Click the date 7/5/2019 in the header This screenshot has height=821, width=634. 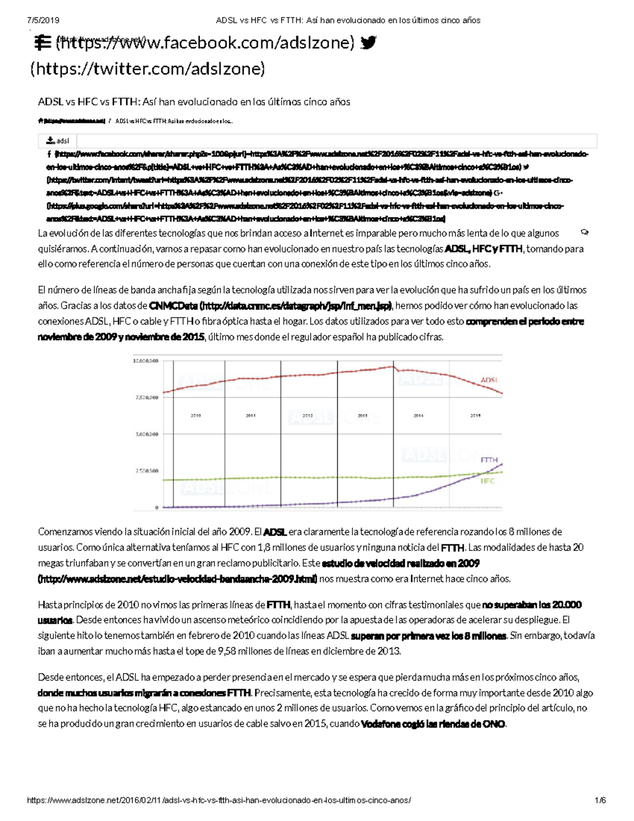click(x=43, y=20)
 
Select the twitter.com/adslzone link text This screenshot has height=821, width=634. click(x=148, y=69)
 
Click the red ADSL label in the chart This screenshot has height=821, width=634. click(x=489, y=380)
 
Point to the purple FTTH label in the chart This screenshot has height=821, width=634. click(x=489, y=460)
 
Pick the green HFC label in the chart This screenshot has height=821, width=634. click(x=488, y=481)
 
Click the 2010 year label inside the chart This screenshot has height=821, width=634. click(x=195, y=416)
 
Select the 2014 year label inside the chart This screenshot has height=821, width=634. click(x=418, y=416)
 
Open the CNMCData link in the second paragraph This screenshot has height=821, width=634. click(x=270, y=306)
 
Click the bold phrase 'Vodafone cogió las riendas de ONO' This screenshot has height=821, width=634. click(x=433, y=724)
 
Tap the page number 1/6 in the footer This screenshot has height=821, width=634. click(x=600, y=800)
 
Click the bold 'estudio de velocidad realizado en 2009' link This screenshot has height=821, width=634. click(x=400, y=563)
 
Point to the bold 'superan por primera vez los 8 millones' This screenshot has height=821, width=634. click(x=428, y=636)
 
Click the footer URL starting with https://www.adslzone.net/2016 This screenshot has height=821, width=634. click(x=219, y=800)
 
